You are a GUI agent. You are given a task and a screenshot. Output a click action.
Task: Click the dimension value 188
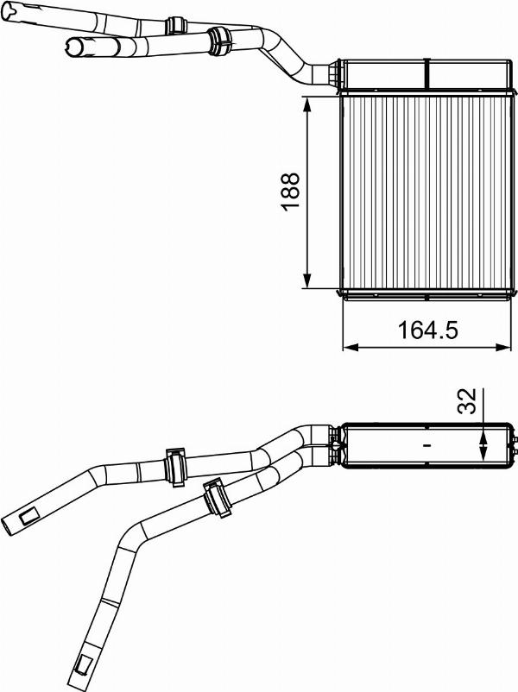291,192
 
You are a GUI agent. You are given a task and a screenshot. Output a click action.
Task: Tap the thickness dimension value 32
465,402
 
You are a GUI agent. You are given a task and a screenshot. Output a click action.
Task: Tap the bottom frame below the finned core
423,294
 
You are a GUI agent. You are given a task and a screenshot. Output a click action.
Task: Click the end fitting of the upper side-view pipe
23,519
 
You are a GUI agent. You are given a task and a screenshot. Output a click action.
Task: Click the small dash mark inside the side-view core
426,446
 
